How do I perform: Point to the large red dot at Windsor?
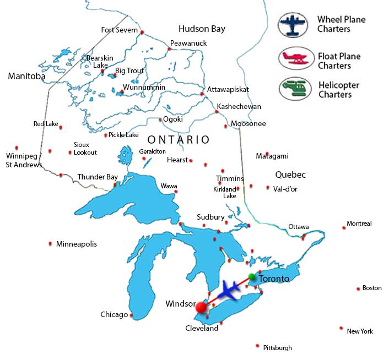point(202,307)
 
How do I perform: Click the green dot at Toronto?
point(252,276)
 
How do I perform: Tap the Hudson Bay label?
point(202,29)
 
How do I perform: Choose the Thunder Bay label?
point(98,177)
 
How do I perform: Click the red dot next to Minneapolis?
point(50,243)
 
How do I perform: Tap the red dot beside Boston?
point(358,288)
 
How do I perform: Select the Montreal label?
point(359,223)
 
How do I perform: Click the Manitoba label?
point(26,77)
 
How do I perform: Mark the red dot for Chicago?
point(131,315)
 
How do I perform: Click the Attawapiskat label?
point(228,89)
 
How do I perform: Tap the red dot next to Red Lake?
point(61,127)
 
